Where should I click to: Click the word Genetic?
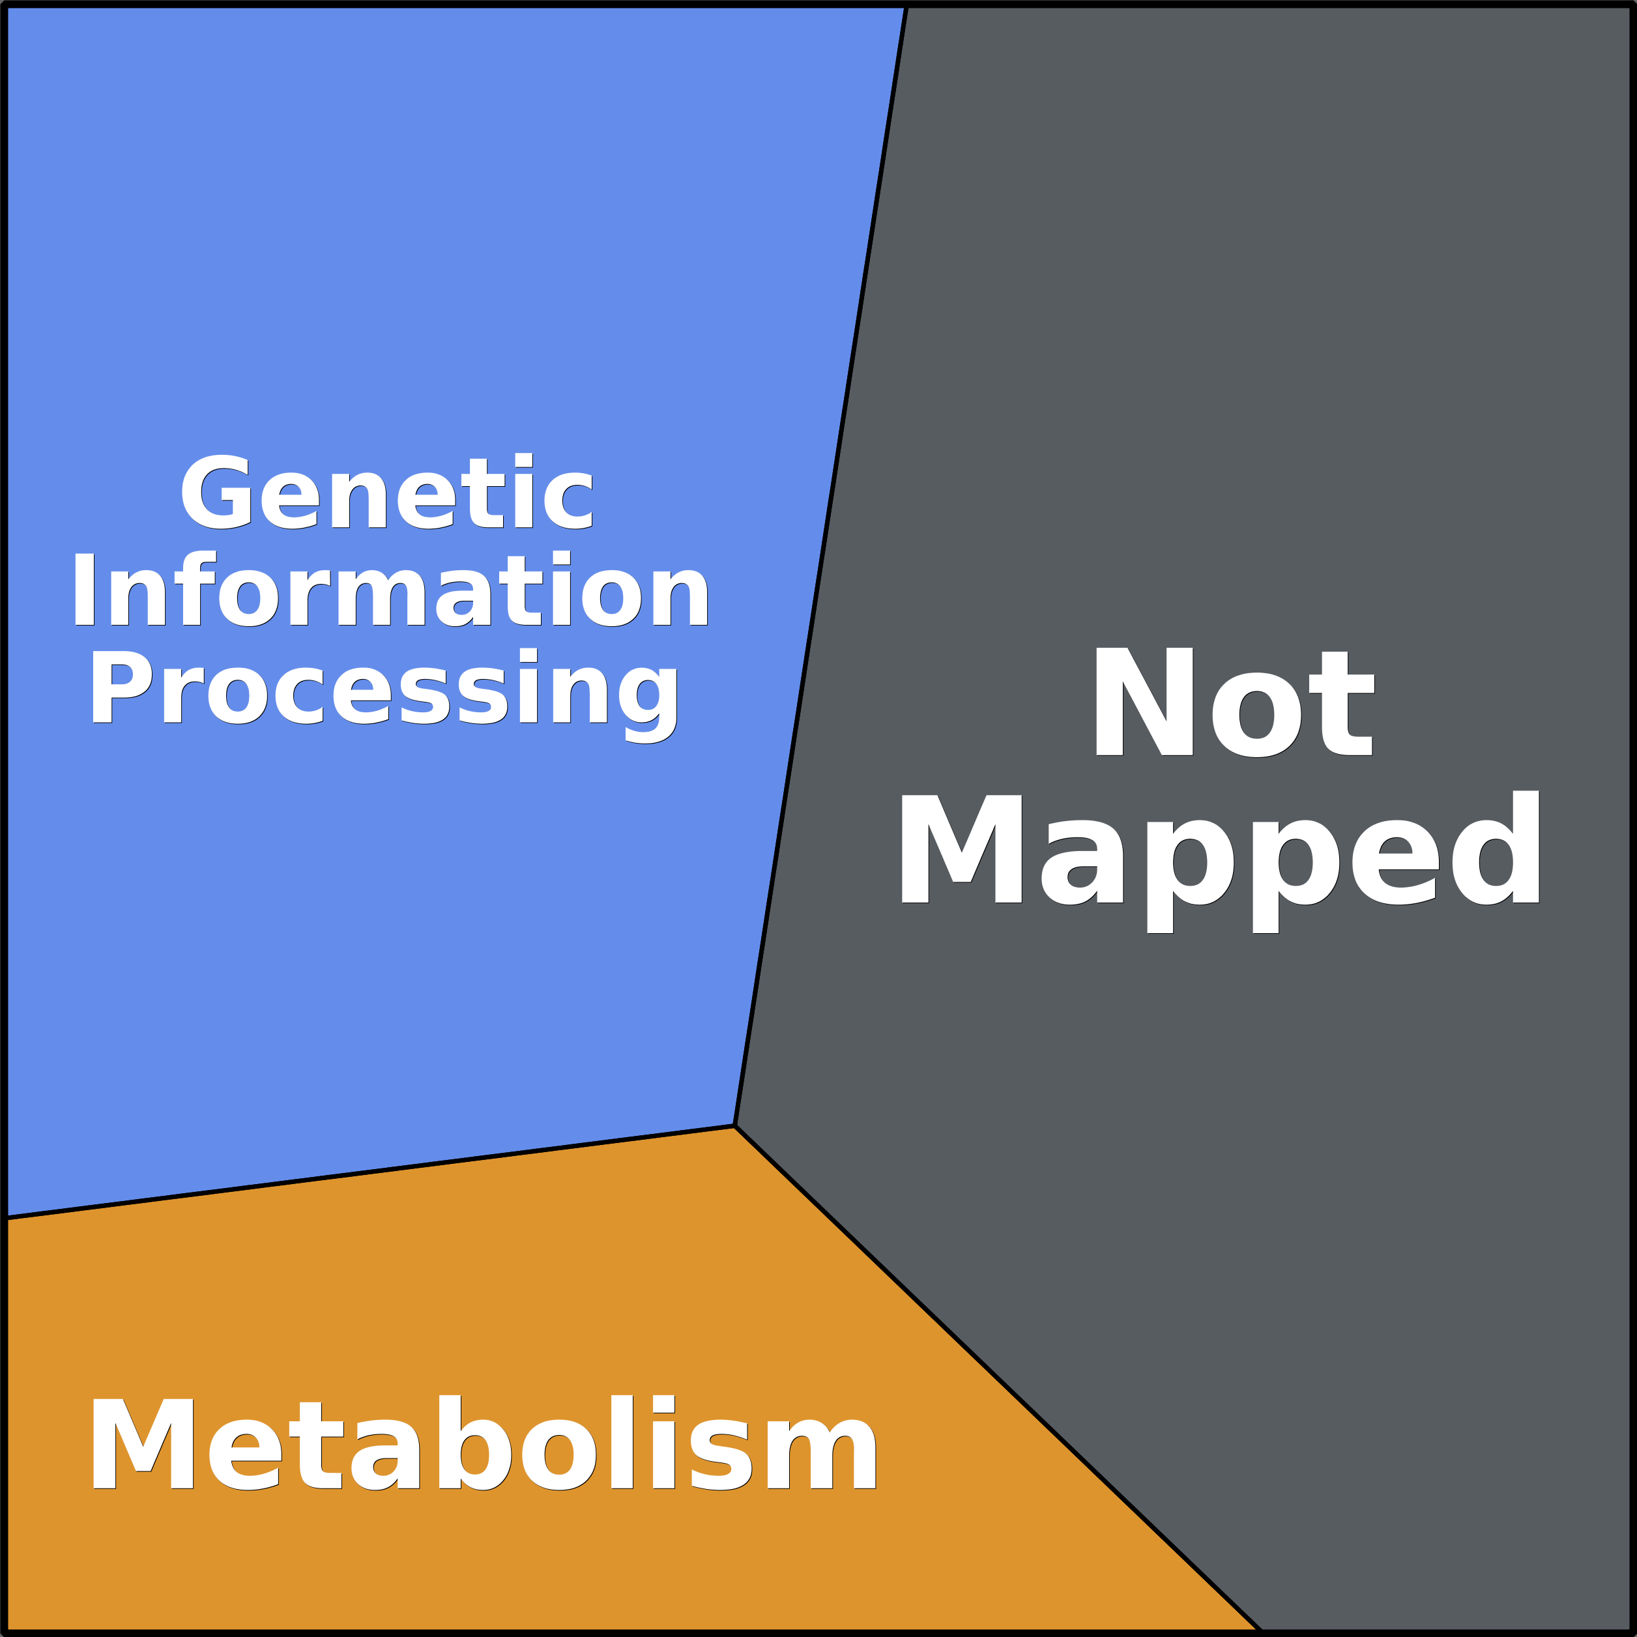(x=386, y=491)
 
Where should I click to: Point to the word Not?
(x=1234, y=702)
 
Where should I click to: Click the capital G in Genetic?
(x=216, y=491)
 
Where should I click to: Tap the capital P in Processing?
(x=121, y=687)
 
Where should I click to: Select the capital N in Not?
(x=1144, y=702)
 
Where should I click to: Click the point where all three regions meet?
(x=734, y=1126)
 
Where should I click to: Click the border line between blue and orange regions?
(x=370, y=1172)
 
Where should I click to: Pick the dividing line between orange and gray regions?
(x=997, y=1378)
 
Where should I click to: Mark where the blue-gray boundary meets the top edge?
(x=906, y=6)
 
